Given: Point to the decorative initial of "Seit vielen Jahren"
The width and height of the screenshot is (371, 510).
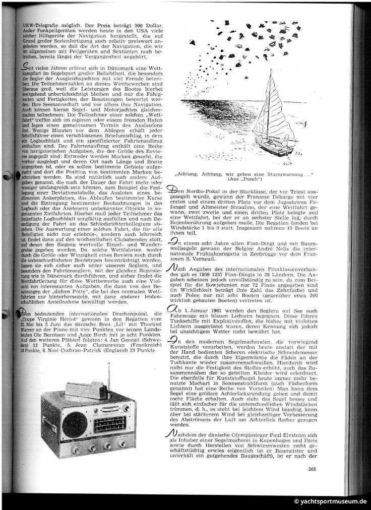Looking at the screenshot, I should pos(20,69).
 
